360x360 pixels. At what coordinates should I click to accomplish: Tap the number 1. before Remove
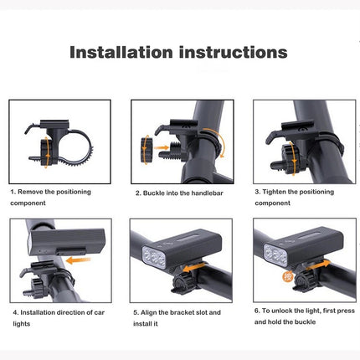click(14, 192)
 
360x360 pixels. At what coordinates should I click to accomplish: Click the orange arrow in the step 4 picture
click(79, 260)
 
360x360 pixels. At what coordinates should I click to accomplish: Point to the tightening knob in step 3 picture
click(291, 156)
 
